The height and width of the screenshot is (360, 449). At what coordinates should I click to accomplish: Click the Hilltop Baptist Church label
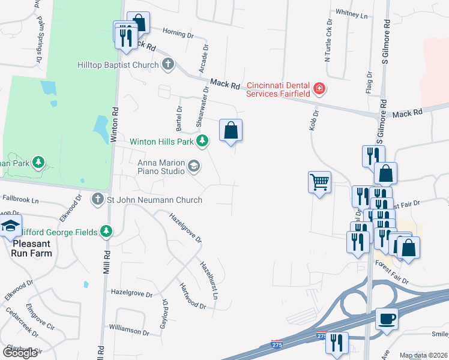click(x=118, y=65)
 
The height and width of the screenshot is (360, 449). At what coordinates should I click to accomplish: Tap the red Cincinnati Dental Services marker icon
click(x=319, y=89)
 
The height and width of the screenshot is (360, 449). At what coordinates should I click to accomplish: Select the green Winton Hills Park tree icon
click(x=203, y=141)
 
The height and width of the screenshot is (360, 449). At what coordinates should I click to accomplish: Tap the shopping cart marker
click(x=319, y=181)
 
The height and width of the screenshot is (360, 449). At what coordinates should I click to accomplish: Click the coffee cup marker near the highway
click(x=387, y=318)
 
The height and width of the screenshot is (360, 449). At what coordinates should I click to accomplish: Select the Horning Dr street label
click(x=178, y=35)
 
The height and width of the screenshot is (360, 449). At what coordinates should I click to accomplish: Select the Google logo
click(x=20, y=352)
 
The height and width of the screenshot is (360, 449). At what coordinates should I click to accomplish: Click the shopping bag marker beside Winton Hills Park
click(x=231, y=130)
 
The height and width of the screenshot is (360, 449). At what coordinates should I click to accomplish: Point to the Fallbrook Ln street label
click(x=20, y=197)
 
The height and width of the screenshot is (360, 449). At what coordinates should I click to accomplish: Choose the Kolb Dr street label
click(x=315, y=113)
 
